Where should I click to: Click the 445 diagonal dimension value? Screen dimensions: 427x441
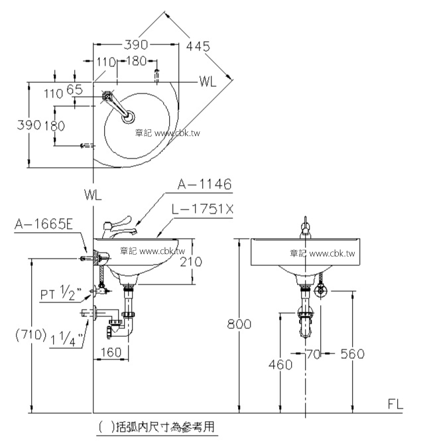[x=198, y=46]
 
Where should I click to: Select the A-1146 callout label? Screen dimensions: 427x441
[x=204, y=184]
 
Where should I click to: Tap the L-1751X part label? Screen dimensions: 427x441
[x=202, y=209]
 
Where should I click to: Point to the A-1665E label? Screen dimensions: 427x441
[x=44, y=224]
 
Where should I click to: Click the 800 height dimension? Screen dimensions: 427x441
[x=239, y=324]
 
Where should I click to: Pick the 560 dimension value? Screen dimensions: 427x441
[x=353, y=354]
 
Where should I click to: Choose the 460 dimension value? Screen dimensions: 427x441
[x=280, y=365]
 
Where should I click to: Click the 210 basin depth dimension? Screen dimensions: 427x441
[x=191, y=262]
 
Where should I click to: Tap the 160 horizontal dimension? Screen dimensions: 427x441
[x=111, y=352]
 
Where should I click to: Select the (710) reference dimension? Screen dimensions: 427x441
[x=30, y=335]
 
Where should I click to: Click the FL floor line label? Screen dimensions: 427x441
[x=395, y=404]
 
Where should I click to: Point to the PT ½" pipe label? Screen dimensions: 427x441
[x=60, y=293]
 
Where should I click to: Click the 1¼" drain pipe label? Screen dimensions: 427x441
[x=67, y=338]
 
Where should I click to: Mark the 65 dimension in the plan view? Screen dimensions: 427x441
[x=74, y=90]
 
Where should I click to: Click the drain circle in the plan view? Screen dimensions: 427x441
[x=128, y=117]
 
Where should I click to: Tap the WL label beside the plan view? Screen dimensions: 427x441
[x=208, y=82]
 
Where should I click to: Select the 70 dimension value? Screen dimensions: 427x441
[x=313, y=354]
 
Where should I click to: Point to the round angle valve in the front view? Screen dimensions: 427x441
[x=321, y=291]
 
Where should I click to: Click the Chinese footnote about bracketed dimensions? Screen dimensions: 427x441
[x=156, y=427]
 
